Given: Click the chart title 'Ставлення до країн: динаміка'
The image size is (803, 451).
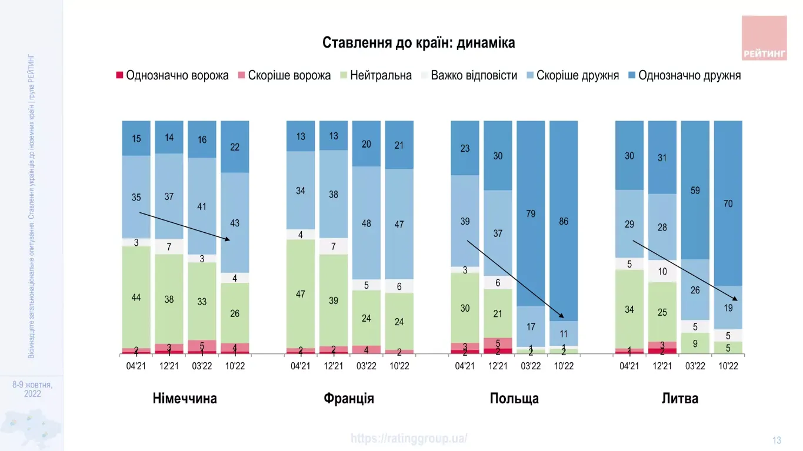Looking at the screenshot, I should [418, 43].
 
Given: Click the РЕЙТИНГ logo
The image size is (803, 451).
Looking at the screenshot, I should [764, 38].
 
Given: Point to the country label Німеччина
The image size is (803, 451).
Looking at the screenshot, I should [185, 399].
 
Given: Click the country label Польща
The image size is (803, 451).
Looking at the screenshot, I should [514, 399].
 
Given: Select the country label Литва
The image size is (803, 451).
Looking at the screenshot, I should [679, 399].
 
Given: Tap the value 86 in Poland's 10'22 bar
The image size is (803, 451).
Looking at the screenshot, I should [564, 222].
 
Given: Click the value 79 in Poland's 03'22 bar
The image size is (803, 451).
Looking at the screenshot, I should [531, 213].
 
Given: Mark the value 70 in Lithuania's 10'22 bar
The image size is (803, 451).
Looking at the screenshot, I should [728, 203].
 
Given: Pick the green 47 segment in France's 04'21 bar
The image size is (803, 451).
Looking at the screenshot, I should [301, 294].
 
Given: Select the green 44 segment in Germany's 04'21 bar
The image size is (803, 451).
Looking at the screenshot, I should [136, 298].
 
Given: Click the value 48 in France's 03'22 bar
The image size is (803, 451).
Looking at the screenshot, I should [366, 223].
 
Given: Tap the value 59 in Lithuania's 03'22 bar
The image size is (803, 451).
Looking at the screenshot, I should [695, 191].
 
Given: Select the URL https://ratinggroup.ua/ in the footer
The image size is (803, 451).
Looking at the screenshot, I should [409, 439].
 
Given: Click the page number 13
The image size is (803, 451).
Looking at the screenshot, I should [777, 440].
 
